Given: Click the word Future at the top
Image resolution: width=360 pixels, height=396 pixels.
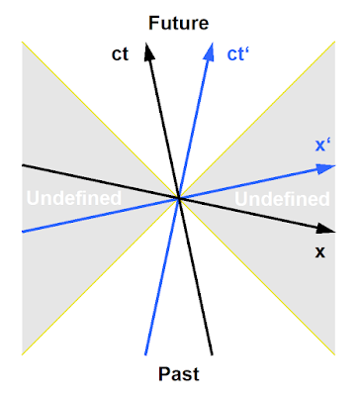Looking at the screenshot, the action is click(179, 23).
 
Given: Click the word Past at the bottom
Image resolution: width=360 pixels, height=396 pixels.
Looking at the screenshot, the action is click(179, 374).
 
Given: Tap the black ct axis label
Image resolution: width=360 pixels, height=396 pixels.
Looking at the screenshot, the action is click(120, 54).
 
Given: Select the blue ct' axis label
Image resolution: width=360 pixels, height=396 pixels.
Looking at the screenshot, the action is click(237, 54).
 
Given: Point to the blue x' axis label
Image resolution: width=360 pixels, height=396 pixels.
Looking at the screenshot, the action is click(323, 145).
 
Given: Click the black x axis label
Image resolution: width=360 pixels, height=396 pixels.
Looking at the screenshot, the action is click(319, 252).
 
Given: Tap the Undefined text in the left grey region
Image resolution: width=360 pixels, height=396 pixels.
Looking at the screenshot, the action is click(74, 198).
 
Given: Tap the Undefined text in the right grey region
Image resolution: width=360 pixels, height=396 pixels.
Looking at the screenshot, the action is click(282, 199).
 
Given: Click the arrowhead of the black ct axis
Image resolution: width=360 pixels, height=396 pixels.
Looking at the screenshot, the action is click(149, 51).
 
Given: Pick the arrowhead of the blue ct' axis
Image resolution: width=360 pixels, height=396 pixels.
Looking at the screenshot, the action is click(209, 51).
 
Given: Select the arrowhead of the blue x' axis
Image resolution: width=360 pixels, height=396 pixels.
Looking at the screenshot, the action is click(325, 168).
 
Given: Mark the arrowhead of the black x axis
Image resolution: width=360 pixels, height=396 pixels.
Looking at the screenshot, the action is click(325, 229).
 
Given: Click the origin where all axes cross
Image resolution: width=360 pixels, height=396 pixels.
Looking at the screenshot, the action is click(179, 198).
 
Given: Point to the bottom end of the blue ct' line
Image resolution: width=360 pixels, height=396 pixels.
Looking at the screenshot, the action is click(145, 354).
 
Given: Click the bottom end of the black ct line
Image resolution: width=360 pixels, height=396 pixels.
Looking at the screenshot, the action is click(212, 354).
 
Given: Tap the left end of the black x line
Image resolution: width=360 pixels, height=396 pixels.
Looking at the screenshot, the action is click(23, 165).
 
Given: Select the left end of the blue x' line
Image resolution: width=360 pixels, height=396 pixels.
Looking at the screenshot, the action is click(23, 232).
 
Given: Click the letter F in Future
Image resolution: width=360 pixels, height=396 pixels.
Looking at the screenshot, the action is click(153, 23).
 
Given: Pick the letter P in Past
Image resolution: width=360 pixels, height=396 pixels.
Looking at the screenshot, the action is click(164, 374).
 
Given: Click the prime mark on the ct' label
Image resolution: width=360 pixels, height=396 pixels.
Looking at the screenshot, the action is click(246, 50).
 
